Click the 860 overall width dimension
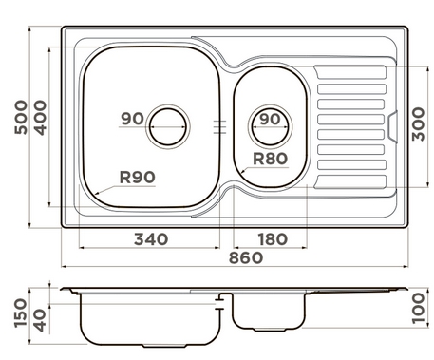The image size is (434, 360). point(246,258)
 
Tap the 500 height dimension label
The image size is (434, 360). point(21,117)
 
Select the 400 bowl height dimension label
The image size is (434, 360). point(40,118)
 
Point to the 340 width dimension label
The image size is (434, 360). point(151,239)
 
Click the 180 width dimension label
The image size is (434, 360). point(273,239)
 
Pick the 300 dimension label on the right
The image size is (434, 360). point(418,124)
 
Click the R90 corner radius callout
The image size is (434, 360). point(138,178)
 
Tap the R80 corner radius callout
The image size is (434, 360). point(271,159)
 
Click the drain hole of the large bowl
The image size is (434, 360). point(168,126)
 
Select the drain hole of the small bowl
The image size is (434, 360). point(271,126)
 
